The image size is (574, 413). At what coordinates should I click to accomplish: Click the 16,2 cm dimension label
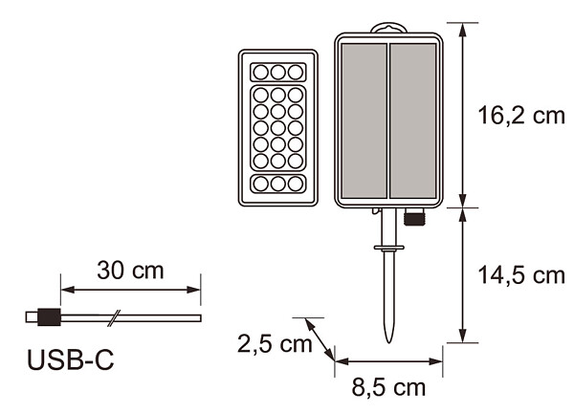point(521,116)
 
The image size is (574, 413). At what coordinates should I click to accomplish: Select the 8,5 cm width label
point(388,387)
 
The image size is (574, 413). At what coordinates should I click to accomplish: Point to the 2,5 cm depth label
point(275,344)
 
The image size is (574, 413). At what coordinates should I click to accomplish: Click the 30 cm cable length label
point(130,271)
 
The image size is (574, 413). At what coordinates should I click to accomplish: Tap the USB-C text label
point(70,360)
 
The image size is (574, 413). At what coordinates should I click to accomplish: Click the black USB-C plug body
point(49,316)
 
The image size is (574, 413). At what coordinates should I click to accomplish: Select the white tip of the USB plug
point(32,317)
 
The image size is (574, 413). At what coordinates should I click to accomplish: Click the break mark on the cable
point(114,318)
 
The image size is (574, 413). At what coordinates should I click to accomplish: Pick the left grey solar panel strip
point(364,120)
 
